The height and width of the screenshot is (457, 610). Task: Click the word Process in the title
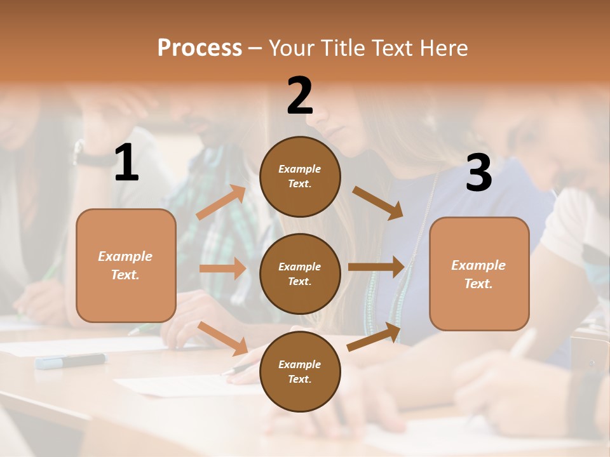[x=200, y=48]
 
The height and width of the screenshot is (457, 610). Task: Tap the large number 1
[x=126, y=163]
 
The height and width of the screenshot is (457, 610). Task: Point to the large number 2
[x=300, y=96]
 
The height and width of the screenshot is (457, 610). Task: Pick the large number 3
[x=479, y=173]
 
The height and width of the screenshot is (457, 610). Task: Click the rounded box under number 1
[x=126, y=265]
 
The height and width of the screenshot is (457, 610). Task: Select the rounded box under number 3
[x=479, y=274]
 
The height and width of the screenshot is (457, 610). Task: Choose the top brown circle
[x=300, y=176]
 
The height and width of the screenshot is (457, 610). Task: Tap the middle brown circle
[x=300, y=274]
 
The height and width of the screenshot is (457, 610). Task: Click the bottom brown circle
[x=300, y=371]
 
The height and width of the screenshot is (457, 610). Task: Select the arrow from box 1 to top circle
[x=221, y=202]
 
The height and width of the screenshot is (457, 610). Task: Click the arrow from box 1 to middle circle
[x=222, y=268]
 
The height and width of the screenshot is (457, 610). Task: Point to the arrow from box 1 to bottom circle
[x=223, y=338]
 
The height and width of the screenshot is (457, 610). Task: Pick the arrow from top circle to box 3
[x=377, y=202]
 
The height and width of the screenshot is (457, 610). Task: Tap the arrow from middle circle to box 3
[x=376, y=267]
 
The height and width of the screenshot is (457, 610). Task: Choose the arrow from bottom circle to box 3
[x=374, y=336]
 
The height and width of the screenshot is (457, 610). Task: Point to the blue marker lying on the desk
[x=71, y=361]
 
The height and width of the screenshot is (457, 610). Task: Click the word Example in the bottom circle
[x=299, y=364]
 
